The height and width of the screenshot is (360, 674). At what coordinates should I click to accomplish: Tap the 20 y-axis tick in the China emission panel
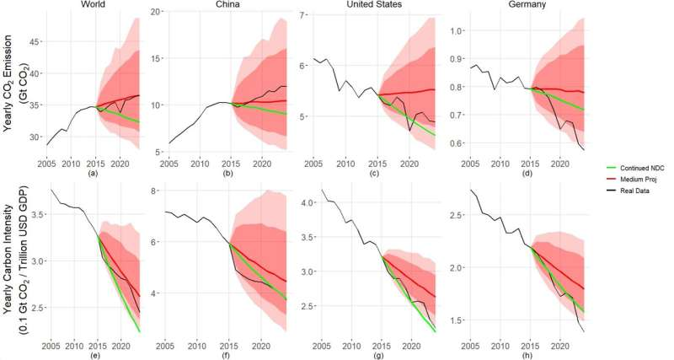[x=157, y=12]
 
